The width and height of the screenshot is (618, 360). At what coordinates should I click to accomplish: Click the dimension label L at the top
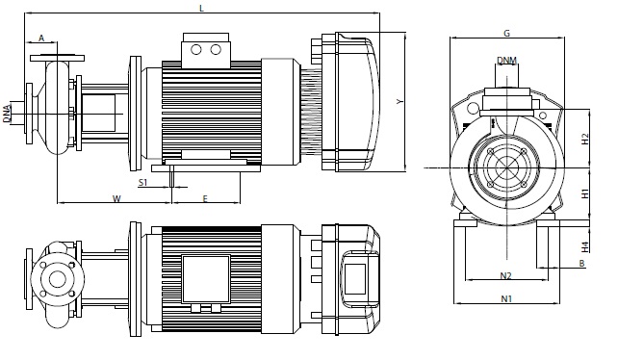[x=202, y=9]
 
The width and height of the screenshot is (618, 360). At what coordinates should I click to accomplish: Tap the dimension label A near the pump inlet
[x=41, y=38]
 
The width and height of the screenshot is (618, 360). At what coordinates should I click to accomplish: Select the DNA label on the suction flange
[x=7, y=114]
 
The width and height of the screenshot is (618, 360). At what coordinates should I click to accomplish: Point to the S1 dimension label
[x=142, y=182]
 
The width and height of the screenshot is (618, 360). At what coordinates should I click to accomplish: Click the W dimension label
[x=116, y=198]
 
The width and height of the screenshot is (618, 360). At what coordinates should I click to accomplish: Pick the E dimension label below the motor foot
[x=205, y=198]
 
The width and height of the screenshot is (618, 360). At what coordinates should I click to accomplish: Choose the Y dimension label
[x=400, y=102]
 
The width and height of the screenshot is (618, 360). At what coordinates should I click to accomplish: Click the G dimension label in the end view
[x=507, y=33]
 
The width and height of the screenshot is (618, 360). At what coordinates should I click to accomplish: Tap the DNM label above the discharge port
[x=507, y=61]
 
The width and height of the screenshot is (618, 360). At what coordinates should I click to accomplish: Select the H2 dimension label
[x=585, y=139]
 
